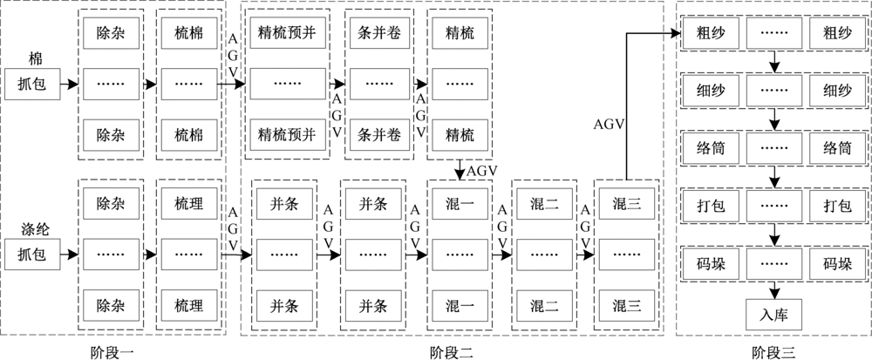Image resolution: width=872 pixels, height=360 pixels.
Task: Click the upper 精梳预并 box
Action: (x=288, y=34)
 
